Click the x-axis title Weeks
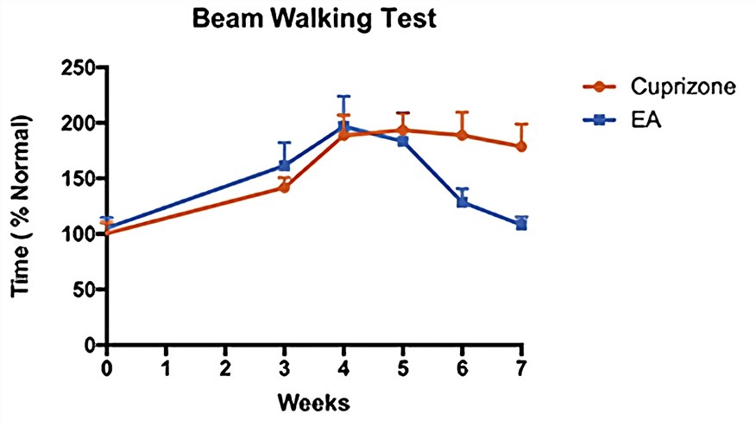coord(313,403)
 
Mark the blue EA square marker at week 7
coord(521,225)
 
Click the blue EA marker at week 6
coord(462,202)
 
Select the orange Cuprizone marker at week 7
coord(521,146)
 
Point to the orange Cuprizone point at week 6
coord(462,135)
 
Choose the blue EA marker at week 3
coord(285,165)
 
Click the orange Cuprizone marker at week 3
coord(285,187)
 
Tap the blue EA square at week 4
coord(343,127)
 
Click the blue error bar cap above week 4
coord(343,96)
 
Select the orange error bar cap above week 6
coord(462,112)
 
